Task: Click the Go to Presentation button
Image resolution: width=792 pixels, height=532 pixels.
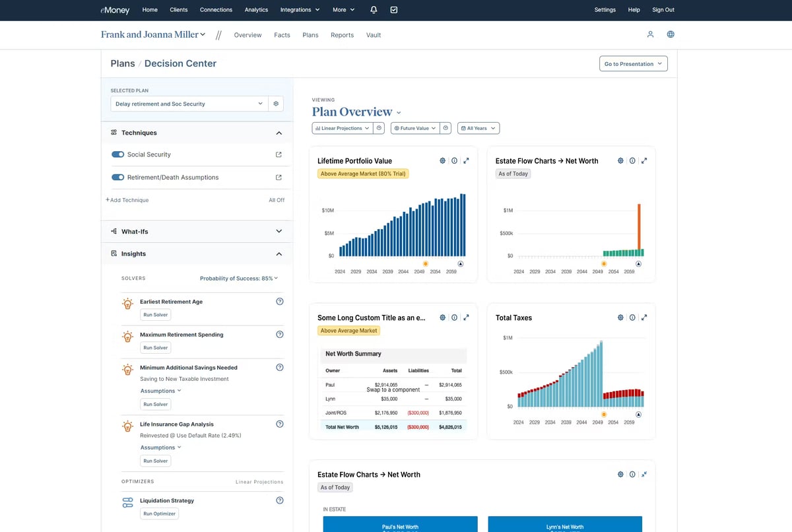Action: click(633, 64)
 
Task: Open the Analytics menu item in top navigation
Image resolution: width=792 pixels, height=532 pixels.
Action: click(256, 10)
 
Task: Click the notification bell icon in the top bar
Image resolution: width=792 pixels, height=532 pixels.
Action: click(374, 10)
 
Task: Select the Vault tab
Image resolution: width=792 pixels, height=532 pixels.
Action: click(374, 35)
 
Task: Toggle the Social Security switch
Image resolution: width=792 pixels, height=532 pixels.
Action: click(118, 154)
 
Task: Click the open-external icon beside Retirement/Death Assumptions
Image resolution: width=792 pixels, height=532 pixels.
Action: click(279, 178)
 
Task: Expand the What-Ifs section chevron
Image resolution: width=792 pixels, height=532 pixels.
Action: click(279, 231)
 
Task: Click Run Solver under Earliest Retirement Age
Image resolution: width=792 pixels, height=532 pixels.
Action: click(156, 315)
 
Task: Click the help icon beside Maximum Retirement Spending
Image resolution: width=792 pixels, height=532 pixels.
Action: click(279, 335)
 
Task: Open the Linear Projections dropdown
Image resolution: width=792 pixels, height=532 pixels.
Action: click(343, 128)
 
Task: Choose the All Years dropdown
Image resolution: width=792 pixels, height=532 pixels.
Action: click(478, 128)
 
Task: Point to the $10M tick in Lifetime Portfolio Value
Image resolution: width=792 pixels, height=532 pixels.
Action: click(328, 211)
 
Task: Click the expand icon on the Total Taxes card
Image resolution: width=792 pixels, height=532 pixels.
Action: click(644, 317)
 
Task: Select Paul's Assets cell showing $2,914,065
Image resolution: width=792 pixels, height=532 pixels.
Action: click(385, 384)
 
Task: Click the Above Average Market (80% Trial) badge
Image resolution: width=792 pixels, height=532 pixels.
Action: click(363, 174)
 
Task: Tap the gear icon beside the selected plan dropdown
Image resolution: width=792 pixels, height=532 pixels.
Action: click(276, 104)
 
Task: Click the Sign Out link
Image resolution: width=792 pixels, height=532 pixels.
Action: click(663, 10)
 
